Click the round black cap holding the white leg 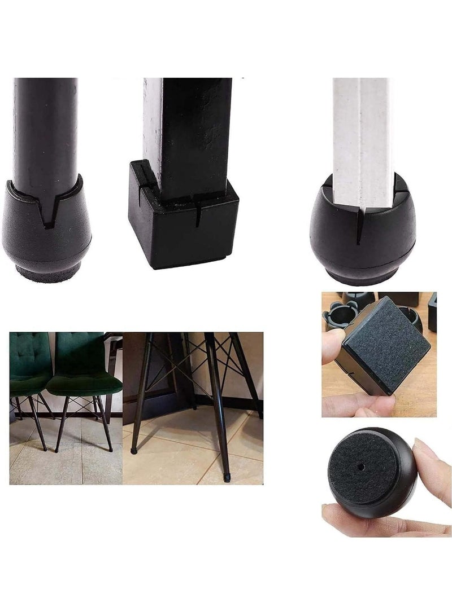(362, 237)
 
